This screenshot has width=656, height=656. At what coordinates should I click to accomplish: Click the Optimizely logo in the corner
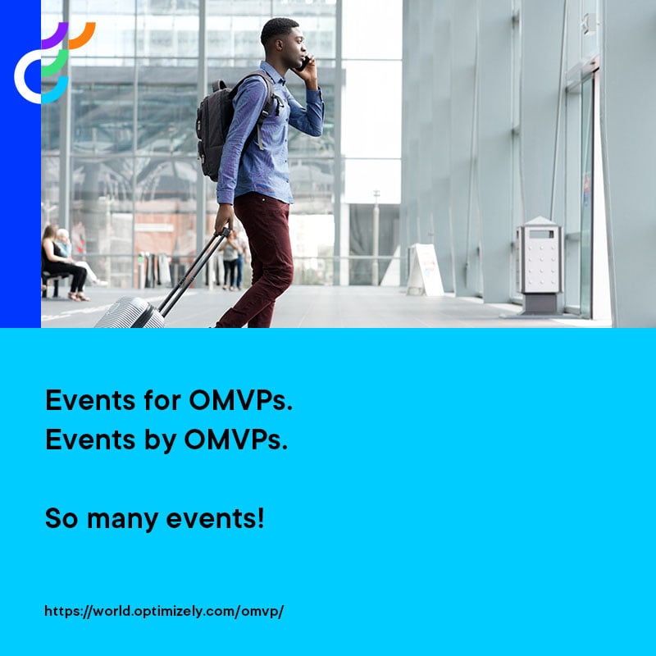(x=52, y=62)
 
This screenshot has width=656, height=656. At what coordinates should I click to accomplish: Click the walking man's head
(x=282, y=43)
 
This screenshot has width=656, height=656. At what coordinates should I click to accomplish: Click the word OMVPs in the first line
(x=240, y=401)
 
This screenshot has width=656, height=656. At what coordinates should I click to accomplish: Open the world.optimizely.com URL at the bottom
(x=164, y=611)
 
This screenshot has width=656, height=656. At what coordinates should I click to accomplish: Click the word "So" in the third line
(x=61, y=518)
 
